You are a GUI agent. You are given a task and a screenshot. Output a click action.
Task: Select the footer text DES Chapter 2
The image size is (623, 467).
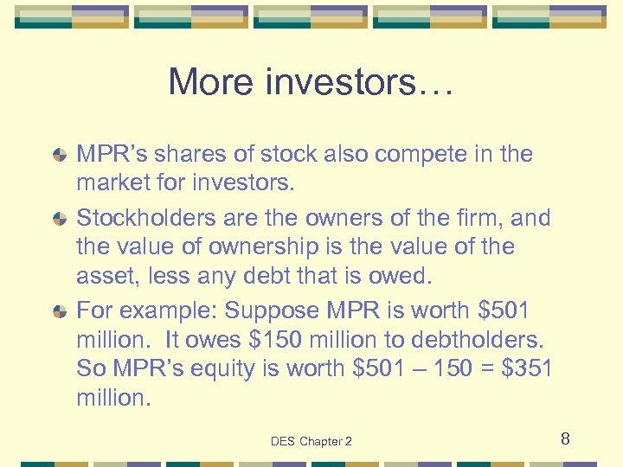click(311, 441)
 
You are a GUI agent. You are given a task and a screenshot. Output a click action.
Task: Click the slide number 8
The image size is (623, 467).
click(564, 439)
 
